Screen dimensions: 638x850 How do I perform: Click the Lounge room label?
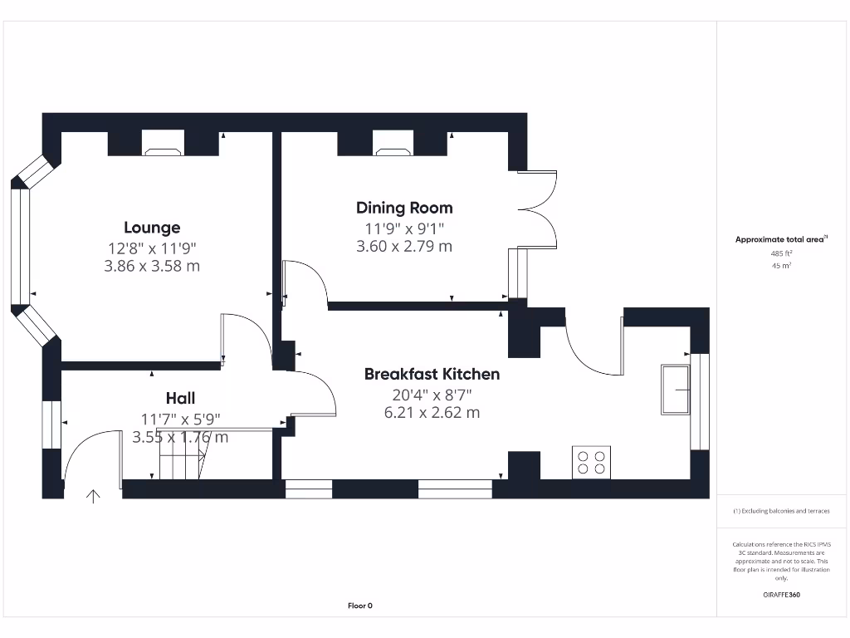tap(152, 228)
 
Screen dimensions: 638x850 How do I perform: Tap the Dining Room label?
tap(404, 208)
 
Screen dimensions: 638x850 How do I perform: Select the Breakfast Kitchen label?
tap(432, 374)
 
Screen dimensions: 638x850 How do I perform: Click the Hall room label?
tap(180, 399)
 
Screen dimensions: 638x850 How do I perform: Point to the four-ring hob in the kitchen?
tap(591, 463)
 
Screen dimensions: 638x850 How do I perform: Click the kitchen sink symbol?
tap(674, 389)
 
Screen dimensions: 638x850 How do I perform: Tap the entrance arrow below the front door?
tap(93, 497)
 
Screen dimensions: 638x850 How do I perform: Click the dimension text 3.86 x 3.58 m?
tap(154, 267)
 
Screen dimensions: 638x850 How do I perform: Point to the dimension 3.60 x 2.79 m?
tap(404, 246)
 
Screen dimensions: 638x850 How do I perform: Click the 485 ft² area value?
tap(781, 253)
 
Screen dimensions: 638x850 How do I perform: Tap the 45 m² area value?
tap(781, 266)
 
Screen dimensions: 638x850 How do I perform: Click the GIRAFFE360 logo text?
tap(781, 595)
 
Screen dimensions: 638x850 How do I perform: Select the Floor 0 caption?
tap(359, 606)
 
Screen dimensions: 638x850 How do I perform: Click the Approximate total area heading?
tap(780, 239)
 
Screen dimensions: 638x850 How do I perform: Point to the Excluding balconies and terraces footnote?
tap(780, 511)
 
